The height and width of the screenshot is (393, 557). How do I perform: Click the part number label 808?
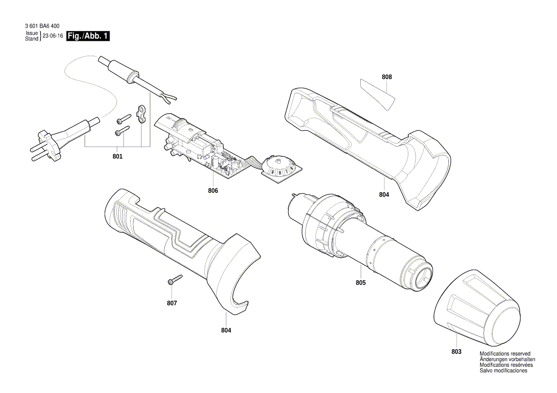[x=386, y=77]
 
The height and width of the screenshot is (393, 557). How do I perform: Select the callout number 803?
[x=456, y=352]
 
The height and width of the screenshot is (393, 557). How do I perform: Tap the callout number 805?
[x=360, y=283]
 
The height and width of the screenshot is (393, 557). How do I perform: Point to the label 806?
[x=213, y=191]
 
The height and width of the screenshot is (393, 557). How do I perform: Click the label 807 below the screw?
[x=172, y=303]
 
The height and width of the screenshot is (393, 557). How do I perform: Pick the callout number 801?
[x=117, y=157]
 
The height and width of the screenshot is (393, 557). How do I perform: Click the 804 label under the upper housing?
[x=384, y=195]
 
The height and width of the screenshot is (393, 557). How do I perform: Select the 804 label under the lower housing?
[x=226, y=330]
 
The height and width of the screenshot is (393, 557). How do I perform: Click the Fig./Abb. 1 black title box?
[x=88, y=36]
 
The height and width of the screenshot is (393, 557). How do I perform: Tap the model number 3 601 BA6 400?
[x=41, y=28]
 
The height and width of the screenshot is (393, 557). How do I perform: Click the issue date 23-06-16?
[x=53, y=36]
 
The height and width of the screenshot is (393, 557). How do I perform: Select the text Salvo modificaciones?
[x=503, y=371]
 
